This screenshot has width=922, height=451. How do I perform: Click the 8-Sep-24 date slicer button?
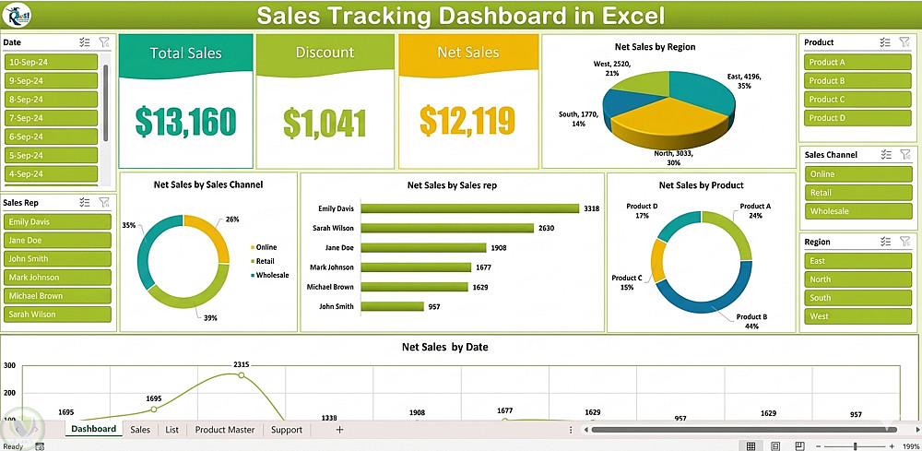pyautogui.click(x=51, y=100)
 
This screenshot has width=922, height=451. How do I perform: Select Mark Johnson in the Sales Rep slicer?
pyautogui.click(x=57, y=277)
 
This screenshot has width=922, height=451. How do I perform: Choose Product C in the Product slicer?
pyautogui.click(x=857, y=100)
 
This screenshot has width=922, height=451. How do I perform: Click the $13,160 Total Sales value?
pyautogui.click(x=185, y=121)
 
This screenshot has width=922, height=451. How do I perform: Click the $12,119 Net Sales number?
pyautogui.click(x=467, y=120)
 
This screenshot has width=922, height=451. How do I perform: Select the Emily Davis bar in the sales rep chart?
pyautogui.click(x=469, y=208)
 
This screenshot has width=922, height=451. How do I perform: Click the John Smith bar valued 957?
pyautogui.click(x=392, y=306)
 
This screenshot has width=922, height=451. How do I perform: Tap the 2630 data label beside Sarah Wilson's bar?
pyautogui.click(x=546, y=228)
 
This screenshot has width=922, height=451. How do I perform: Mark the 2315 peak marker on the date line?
pyautogui.click(x=241, y=375)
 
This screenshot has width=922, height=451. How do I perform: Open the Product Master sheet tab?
pyautogui.click(x=225, y=430)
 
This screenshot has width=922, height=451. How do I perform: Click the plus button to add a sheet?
pyautogui.click(x=339, y=430)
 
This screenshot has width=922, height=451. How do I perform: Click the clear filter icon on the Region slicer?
pyautogui.click(x=904, y=242)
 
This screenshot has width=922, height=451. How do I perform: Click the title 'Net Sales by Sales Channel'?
pyautogui.click(x=208, y=184)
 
